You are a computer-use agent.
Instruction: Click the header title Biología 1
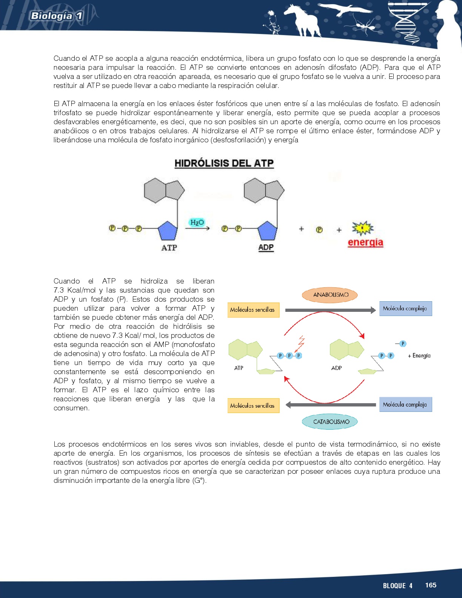[56, 16]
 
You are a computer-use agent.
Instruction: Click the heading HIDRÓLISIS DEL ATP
[224, 163]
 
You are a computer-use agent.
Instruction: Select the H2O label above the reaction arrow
[197, 222]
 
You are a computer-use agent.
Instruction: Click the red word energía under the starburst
[365, 242]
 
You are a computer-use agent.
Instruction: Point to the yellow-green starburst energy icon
[362, 228]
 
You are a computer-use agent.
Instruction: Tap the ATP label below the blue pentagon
[169, 248]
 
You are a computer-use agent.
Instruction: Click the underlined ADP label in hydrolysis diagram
[266, 247]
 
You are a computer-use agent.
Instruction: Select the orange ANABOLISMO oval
[330, 295]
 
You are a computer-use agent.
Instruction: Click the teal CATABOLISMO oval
[330, 422]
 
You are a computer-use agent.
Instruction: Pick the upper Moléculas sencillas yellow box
[253, 310]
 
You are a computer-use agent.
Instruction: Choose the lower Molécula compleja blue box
[405, 404]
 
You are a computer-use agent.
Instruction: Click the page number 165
[431, 585]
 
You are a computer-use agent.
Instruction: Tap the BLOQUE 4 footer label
[397, 586]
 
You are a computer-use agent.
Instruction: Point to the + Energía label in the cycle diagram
[419, 356]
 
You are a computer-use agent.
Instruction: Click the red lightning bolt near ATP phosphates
[300, 343]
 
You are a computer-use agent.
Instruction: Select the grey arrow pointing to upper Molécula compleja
[330, 310]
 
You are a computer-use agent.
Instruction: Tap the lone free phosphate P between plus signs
[319, 230]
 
